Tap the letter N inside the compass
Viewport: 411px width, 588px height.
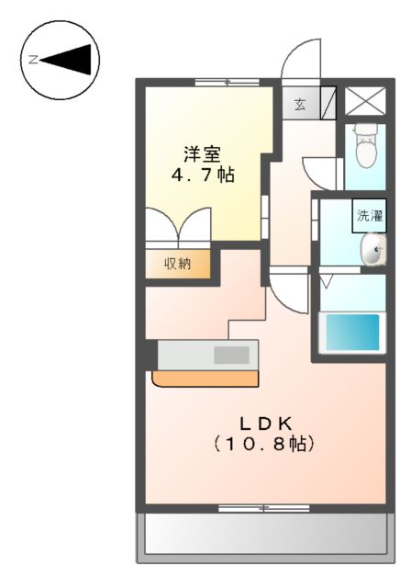32,60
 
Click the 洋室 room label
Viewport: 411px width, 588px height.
199,153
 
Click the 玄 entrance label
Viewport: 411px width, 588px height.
300,104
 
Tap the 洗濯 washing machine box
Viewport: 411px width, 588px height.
371,217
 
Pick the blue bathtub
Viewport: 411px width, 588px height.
352,333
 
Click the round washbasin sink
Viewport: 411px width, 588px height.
372,249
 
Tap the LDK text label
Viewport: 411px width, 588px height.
265,424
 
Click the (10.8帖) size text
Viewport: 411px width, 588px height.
265,444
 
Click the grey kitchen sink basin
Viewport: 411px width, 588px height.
233,354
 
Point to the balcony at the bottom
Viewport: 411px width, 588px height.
262,535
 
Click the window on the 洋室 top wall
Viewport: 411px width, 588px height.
227,83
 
